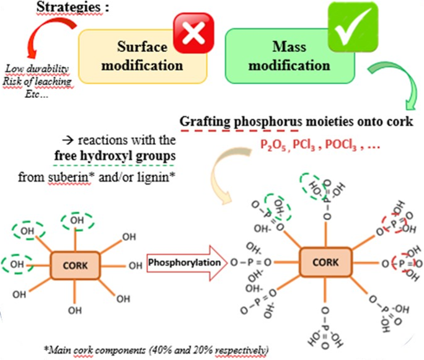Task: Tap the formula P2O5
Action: click(269, 144)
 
